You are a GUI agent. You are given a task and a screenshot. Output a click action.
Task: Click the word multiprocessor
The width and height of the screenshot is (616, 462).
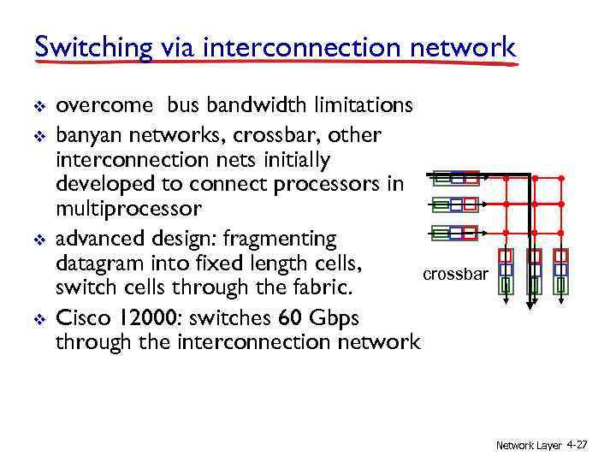pos(128,209)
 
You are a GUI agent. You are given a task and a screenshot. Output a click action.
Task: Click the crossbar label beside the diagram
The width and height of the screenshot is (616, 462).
pos(455,275)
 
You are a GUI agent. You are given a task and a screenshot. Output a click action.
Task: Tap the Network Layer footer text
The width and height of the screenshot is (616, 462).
pos(529,446)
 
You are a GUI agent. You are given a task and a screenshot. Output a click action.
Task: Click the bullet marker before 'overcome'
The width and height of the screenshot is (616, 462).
pos(38,106)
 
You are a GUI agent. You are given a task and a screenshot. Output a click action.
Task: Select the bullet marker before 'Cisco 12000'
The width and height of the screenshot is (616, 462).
pos(38,318)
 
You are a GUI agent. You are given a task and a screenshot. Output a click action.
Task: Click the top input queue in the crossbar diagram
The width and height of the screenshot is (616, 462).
pos(456,179)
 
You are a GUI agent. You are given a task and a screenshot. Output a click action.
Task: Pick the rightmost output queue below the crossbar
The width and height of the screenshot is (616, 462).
pos(561,271)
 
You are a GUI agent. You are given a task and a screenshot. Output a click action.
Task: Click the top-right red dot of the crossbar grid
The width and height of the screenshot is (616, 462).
pos(561,179)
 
